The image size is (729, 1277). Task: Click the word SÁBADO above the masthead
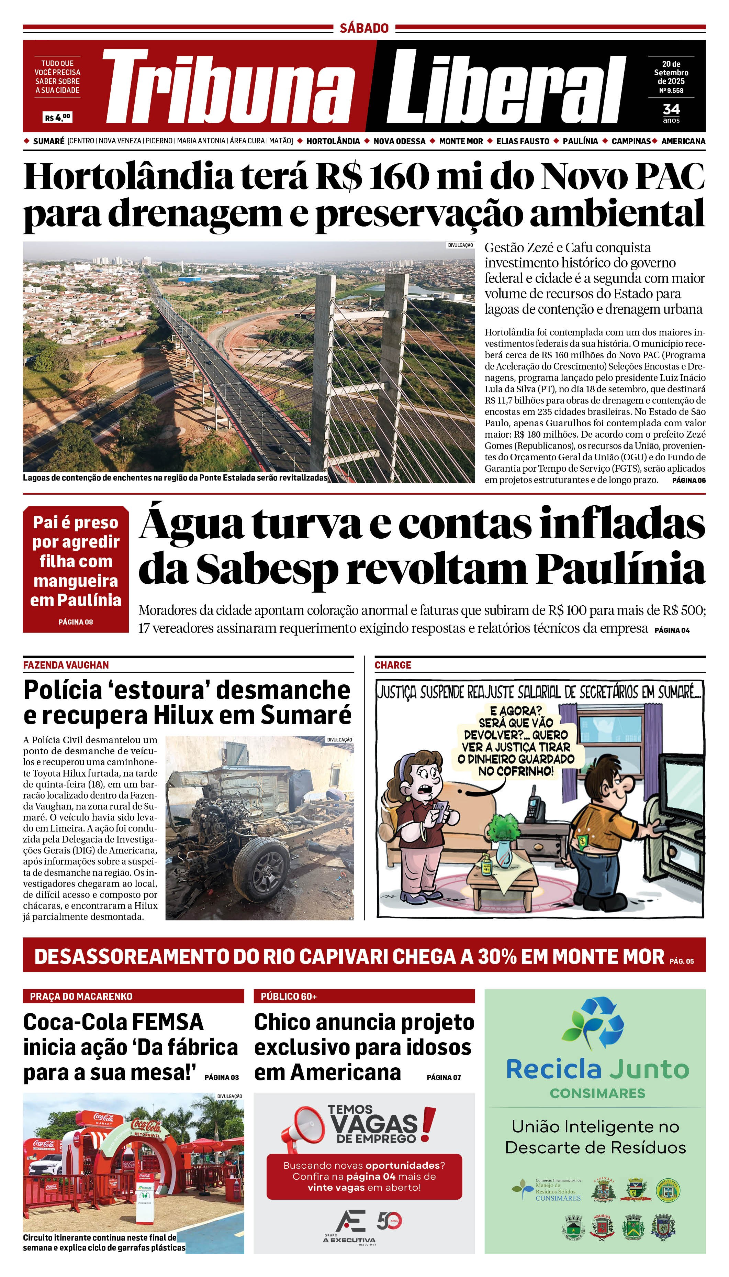pyautogui.click(x=364, y=28)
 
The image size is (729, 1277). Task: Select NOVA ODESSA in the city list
pyautogui.click(x=399, y=141)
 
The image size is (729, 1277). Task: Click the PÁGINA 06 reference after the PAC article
pyautogui.click(x=688, y=480)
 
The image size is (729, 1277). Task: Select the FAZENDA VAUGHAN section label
pyautogui.click(x=66, y=665)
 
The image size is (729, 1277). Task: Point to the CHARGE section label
pyautogui.click(x=393, y=665)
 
